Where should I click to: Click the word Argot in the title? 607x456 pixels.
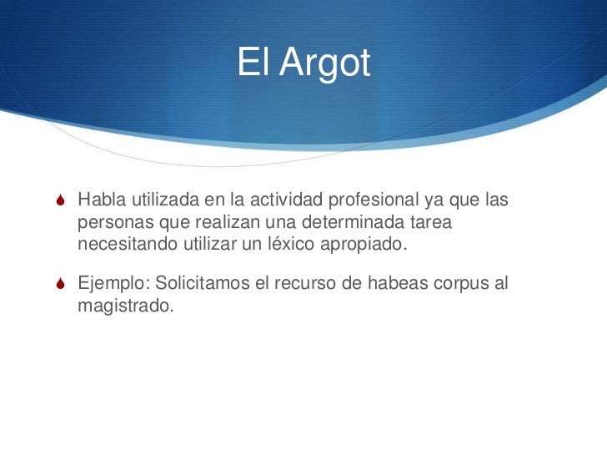coord(324,64)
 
